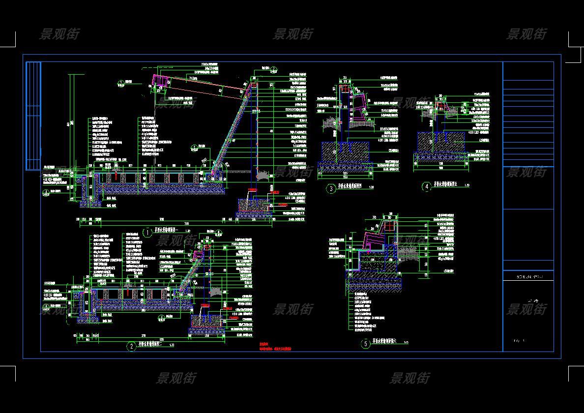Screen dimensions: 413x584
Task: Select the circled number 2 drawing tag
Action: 131,347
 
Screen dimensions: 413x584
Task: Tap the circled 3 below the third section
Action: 331,188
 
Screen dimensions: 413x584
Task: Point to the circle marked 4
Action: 427,187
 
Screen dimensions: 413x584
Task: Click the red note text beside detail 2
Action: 275,347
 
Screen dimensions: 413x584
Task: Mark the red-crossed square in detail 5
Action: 392,227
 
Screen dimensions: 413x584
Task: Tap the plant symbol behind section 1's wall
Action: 262,175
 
